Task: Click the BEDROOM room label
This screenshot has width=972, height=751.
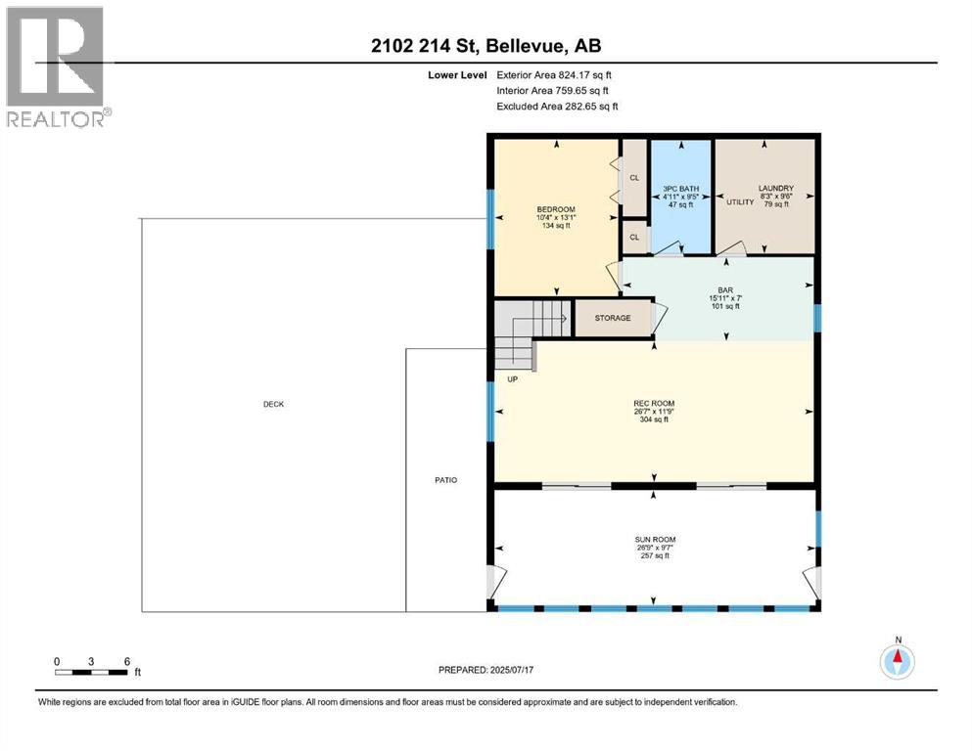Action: click(555, 209)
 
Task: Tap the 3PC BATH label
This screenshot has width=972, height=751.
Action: click(680, 188)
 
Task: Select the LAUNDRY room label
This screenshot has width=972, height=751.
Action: click(775, 188)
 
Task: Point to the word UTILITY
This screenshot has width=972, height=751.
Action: click(739, 201)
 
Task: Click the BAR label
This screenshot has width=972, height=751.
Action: click(725, 289)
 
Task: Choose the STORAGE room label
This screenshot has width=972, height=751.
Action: click(613, 318)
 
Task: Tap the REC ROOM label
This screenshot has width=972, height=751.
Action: click(654, 403)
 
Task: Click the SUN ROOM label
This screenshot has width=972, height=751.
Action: click(656, 539)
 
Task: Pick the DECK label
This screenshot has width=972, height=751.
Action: click(273, 404)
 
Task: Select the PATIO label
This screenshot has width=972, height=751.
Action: click(446, 479)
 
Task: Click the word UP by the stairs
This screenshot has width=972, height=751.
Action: click(512, 378)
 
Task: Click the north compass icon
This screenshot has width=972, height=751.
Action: click(897, 661)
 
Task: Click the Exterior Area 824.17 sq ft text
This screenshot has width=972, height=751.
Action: click(557, 74)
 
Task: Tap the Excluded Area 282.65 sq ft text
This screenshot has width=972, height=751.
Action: click(557, 106)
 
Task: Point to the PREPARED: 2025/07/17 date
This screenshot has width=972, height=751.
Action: click(486, 670)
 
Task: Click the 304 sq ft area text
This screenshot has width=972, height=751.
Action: click(654, 420)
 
